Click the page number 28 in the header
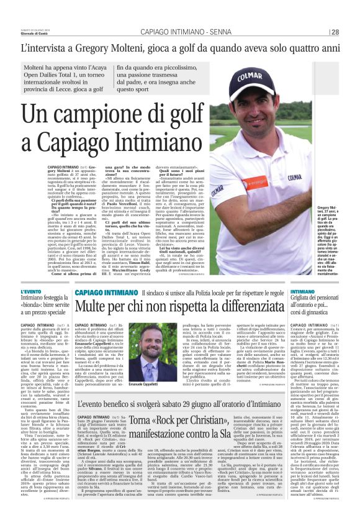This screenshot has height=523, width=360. click(335, 32)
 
